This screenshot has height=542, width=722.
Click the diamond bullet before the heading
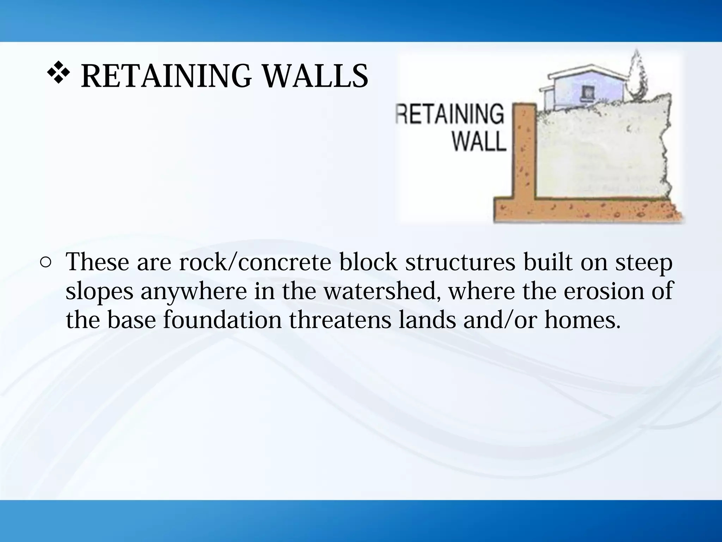point(58,74)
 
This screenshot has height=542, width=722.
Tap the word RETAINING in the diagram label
point(450,114)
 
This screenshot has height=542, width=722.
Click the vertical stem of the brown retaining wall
point(524,152)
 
